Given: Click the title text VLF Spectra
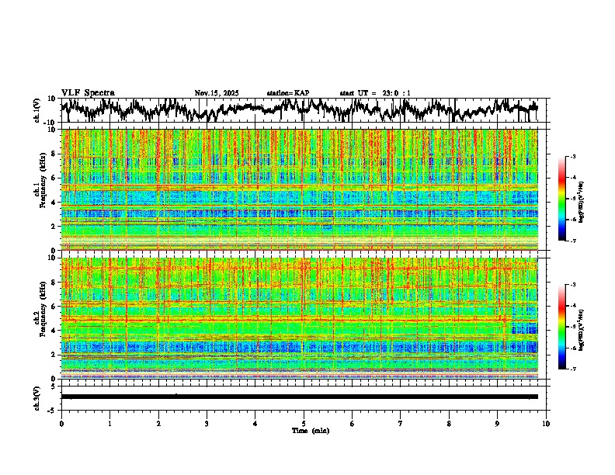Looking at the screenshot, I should (88, 93).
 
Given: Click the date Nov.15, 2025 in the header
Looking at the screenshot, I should (216, 93).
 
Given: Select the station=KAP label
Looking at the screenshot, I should (287, 93).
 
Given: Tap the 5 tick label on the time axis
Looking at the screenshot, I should (304, 423).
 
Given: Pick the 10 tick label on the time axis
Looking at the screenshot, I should (546, 423).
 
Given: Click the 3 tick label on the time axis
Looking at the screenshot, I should (207, 423).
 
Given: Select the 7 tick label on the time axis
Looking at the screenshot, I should (401, 423).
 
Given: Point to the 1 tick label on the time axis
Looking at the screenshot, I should (109, 423).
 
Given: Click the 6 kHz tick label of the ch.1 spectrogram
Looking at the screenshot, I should (54, 178).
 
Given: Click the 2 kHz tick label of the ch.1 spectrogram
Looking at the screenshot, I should (54, 227).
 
